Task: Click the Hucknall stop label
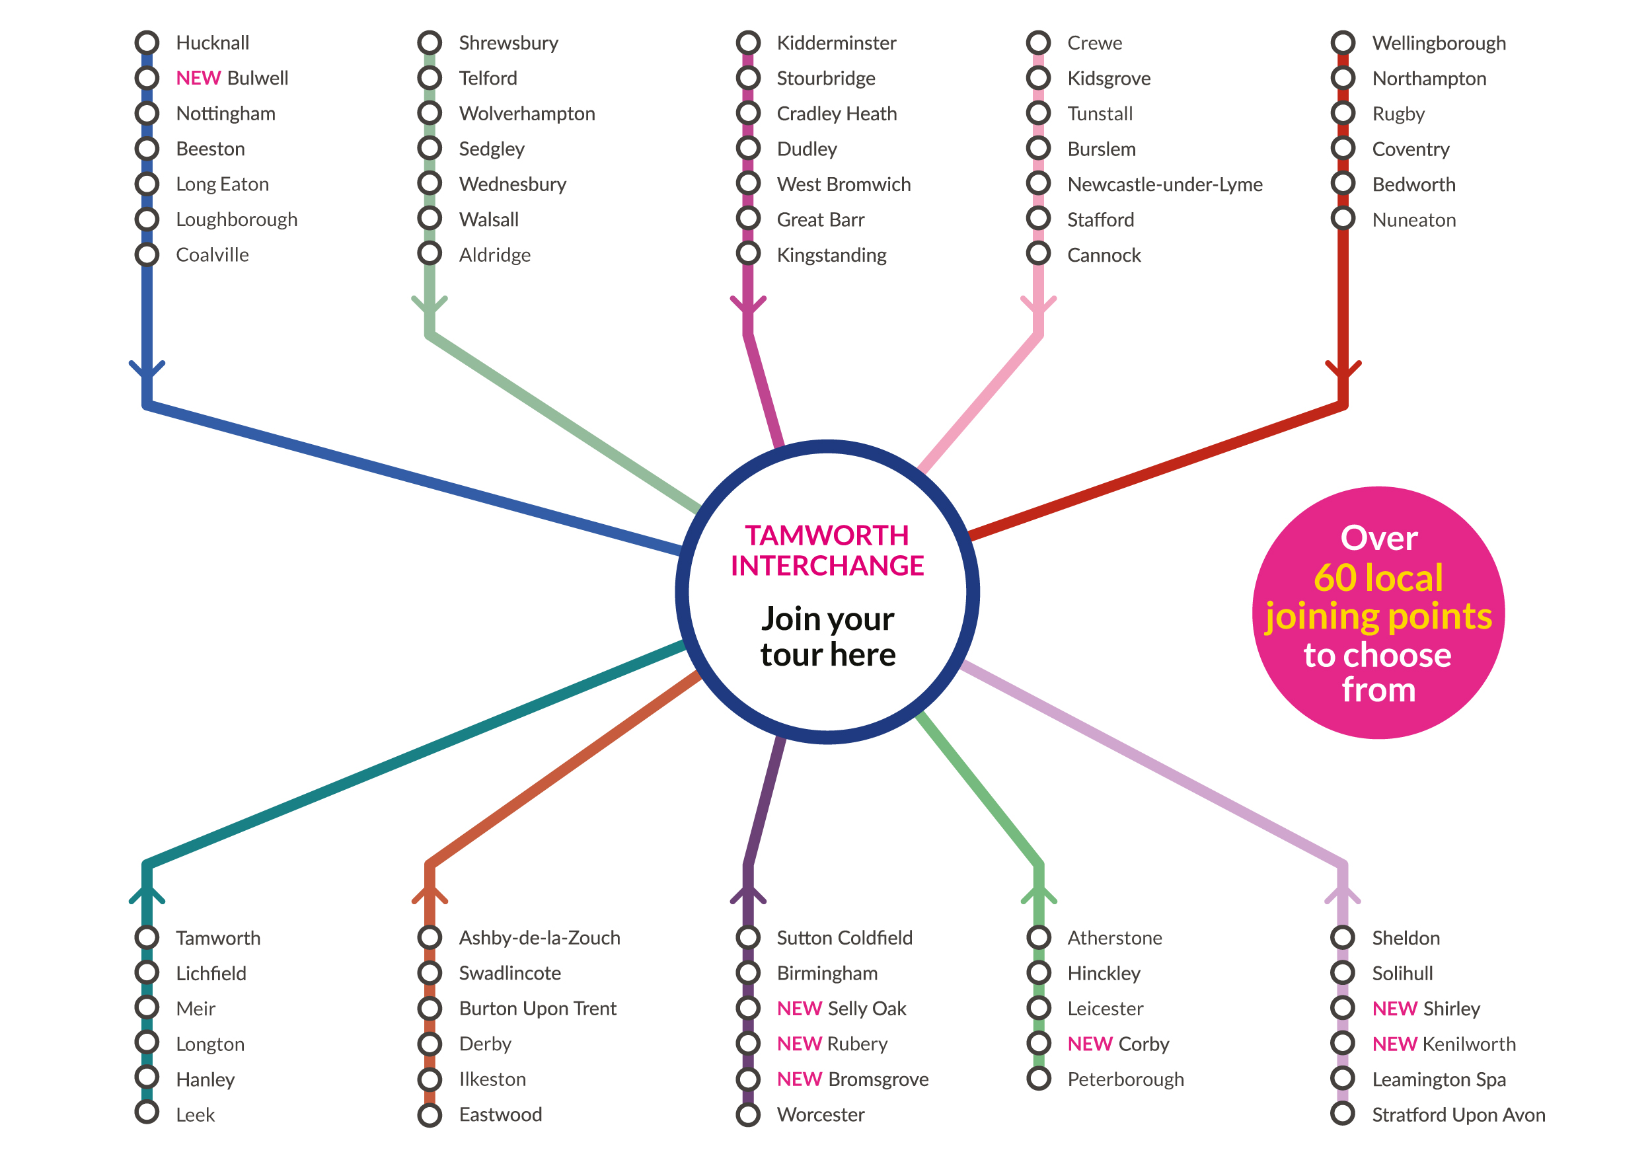click(x=212, y=43)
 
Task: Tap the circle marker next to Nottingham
click(x=147, y=113)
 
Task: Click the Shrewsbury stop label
click(x=509, y=43)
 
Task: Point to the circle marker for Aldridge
click(x=430, y=253)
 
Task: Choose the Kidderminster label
click(x=836, y=43)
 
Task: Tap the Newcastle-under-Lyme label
click(x=1165, y=185)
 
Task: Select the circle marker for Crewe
click(x=1038, y=42)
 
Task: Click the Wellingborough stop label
click(x=1439, y=43)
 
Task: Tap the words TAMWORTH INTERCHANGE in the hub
click(x=827, y=551)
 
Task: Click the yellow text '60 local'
click(x=1378, y=578)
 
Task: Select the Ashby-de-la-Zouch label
click(x=540, y=938)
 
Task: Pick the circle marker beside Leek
click(x=147, y=1112)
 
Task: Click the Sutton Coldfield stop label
click(x=845, y=938)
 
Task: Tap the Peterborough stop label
click(x=1126, y=1080)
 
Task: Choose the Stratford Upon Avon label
click(x=1458, y=1115)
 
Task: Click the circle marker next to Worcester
click(x=748, y=1114)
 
